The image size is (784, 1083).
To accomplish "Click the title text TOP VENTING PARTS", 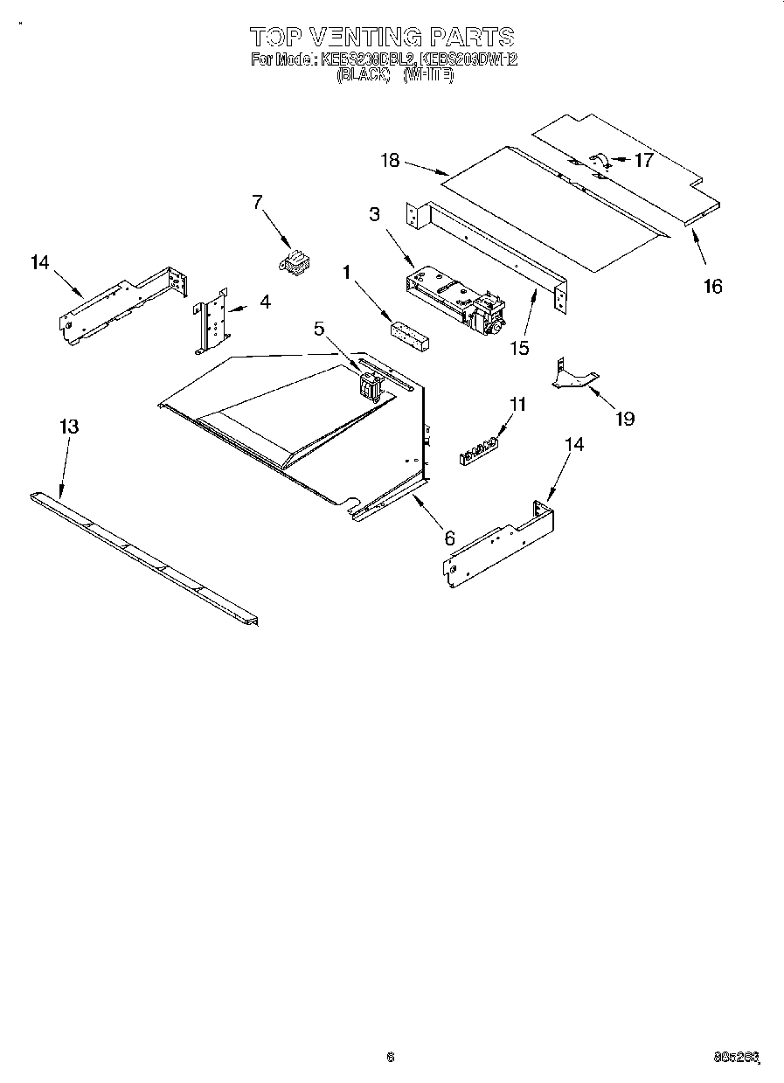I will click(x=382, y=37).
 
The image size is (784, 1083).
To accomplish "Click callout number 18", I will click(x=390, y=160).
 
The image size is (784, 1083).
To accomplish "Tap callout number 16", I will click(x=713, y=286).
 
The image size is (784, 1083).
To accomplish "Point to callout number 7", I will click(x=257, y=202).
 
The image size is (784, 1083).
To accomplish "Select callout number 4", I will click(x=264, y=302).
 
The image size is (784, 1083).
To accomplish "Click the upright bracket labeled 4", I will click(x=212, y=320).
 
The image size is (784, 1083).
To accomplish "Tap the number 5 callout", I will click(x=319, y=328).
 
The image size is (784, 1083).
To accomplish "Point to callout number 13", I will click(x=69, y=427).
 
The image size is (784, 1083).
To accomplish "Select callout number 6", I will click(x=449, y=538).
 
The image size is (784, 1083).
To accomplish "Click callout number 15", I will click(x=519, y=347).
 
